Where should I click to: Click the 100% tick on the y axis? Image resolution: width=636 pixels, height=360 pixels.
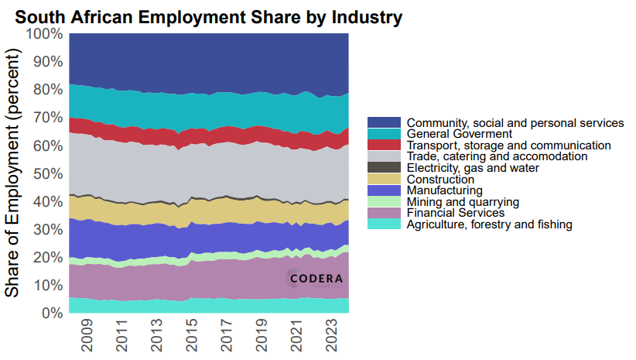pos(44,34)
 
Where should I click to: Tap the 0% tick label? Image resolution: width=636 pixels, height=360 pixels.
pos(51,314)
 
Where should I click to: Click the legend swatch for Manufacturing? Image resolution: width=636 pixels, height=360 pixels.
pos(384,190)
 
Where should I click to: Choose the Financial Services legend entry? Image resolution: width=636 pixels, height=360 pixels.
pos(456,213)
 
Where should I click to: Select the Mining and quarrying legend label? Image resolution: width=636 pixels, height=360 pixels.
pos(462,201)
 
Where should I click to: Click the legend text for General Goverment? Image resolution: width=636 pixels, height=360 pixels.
pos(460,134)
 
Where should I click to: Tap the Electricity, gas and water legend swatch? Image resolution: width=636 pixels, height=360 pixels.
pos(384,168)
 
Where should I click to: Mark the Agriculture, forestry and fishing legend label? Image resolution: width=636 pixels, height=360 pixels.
pos(489,225)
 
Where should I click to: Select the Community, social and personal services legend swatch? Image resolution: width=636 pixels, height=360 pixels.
pos(384,123)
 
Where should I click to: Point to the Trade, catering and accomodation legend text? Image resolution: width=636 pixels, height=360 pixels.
pos(486,156)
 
